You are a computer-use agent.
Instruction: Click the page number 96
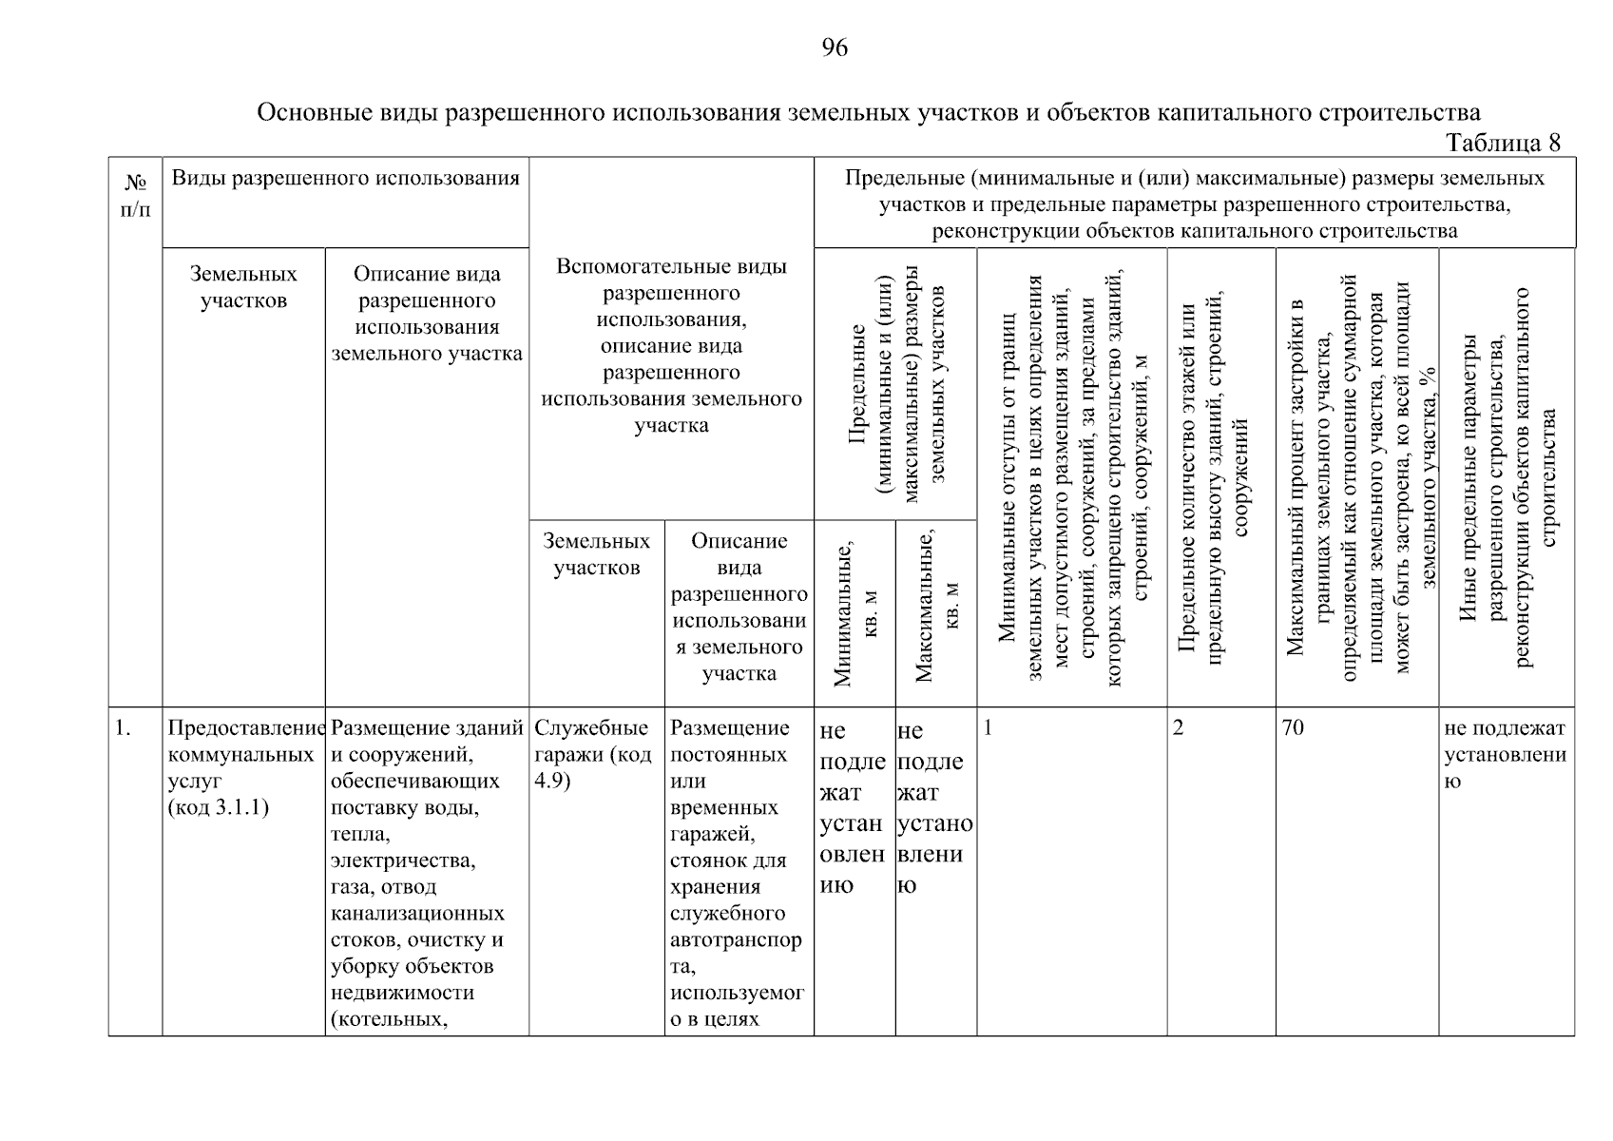[x=834, y=48]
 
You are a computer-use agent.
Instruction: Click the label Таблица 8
[x=1502, y=143]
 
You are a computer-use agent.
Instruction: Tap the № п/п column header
[x=135, y=195]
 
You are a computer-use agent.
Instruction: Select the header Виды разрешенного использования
[x=345, y=178]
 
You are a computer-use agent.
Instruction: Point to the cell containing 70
[x=1293, y=728]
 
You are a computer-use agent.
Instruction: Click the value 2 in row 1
[x=1179, y=728]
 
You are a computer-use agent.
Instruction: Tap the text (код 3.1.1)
[x=218, y=808]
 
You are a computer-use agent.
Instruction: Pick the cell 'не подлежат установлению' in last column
[x=1505, y=755]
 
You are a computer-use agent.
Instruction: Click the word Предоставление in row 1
[x=245, y=728]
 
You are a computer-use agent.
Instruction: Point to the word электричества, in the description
[x=403, y=861]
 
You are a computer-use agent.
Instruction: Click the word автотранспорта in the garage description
[x=736, y=940]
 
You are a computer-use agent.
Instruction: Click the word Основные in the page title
[x=307, y=113]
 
